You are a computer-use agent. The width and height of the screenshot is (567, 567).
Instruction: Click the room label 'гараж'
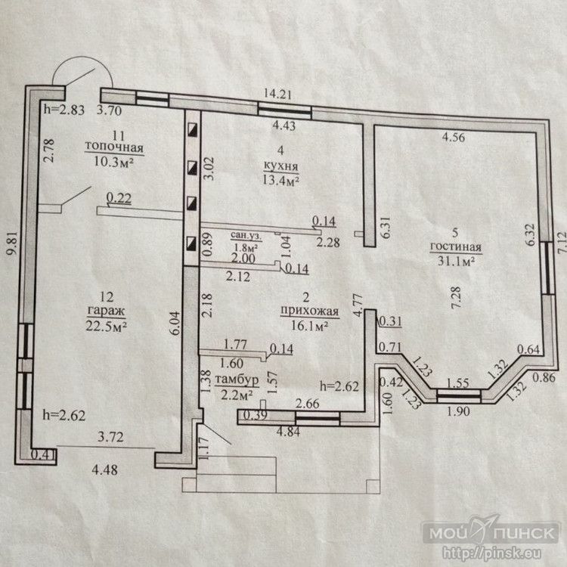(x=107, y=311)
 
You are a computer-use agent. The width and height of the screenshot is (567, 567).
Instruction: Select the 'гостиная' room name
(x=456, y=246)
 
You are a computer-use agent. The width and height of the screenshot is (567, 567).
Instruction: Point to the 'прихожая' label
(x=309, y=311)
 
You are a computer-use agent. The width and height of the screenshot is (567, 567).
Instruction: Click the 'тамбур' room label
(x=237, y=380)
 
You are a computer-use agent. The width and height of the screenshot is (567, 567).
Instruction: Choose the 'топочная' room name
(x=114, y=147)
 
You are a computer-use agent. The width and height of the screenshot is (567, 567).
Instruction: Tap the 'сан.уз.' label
(x=246, y=235)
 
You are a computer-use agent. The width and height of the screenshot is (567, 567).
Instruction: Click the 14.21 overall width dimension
(x=277, y=94)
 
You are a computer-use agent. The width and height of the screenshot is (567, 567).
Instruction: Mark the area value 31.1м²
(x=456, y=260)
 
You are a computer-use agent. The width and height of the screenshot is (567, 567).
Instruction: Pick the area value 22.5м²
(x=107, y=326)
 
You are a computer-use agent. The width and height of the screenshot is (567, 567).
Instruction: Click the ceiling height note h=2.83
(x=64, y=109)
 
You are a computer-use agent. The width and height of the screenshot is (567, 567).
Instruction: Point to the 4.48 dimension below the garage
(x=104, y=469)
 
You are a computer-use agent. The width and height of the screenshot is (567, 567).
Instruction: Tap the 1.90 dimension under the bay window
(x=459, y=411)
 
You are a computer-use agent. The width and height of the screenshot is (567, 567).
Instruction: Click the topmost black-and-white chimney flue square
(x=192, y=130)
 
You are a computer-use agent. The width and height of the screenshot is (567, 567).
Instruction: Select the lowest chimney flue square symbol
(x=192, y=243)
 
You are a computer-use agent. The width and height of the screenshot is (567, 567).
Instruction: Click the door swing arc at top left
(x=82, y=59)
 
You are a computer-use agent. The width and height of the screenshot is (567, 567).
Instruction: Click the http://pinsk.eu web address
(x=492, y=553)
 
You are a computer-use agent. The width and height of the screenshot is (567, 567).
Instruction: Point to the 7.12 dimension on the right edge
(x=560, y=239)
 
